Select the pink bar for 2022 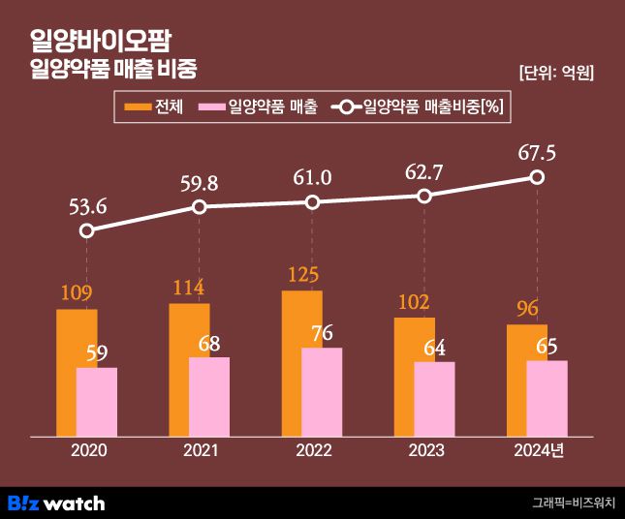[x=322, y=392]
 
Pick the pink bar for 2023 [x=434, y=399]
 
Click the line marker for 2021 [x=200, y=207]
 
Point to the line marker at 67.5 [x=537, y=177]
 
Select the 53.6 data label [x=87, y=204]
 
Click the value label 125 [x=302, y=274]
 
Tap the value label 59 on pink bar [x=97, y=353]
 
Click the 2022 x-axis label [x=312, y=451]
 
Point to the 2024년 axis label [x=539, y=451]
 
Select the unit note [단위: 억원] [x=556, y=73]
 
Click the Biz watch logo [x=56, y=503]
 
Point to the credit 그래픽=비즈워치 [x=574, y=503]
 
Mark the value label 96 [x=527, y=309]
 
